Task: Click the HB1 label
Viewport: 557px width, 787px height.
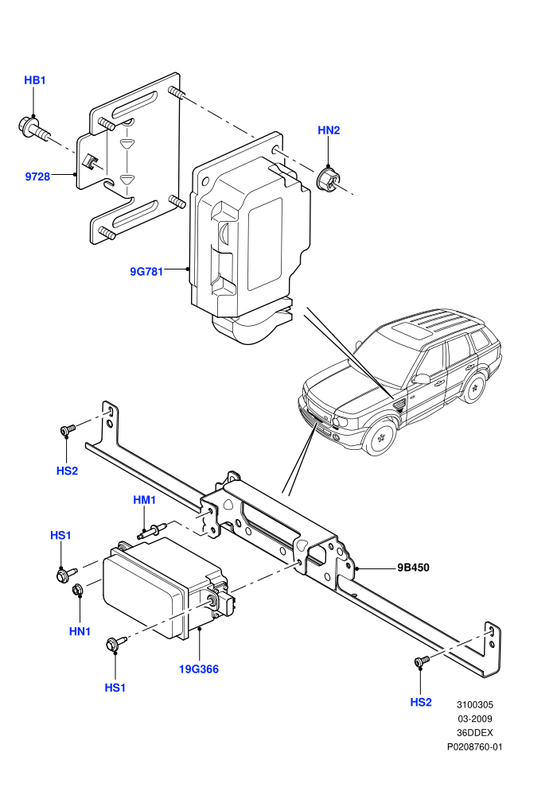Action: [35, 80]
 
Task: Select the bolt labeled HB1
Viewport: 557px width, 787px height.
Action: [34, 128]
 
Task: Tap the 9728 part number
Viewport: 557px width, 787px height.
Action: [37, 176]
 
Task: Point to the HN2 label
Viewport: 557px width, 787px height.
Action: [329, 130]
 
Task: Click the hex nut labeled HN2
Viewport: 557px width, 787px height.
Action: [328, 180]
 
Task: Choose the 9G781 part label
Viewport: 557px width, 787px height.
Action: [146, 272]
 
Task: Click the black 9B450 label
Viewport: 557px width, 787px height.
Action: [413, 568]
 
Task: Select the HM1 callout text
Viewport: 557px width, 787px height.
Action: [145, 500]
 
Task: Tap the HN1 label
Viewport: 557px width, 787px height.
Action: [80, 631]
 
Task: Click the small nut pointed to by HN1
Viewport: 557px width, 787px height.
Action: [78, 590]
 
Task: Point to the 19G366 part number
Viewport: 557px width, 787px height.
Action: [199, 669]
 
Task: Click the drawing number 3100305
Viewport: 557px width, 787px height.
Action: [474, 704]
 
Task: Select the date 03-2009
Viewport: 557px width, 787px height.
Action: [474, 719]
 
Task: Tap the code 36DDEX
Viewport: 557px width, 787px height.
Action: [474, 733]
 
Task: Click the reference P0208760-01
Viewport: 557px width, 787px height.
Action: [474, 746]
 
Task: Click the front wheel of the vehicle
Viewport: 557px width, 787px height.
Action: [380, 435]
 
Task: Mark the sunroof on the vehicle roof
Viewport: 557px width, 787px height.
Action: [413, 331]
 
